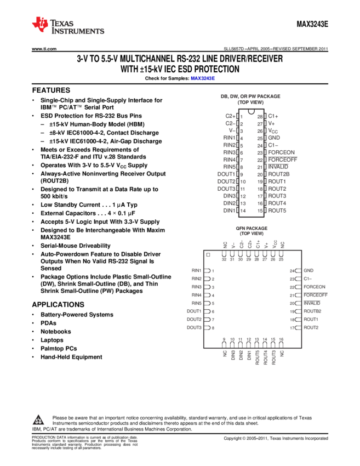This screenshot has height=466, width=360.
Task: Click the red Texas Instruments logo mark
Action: (40, 24)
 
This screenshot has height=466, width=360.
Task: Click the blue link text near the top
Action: (203, 79)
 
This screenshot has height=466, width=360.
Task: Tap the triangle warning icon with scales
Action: (38, 420)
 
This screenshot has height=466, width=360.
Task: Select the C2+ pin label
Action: (230, 116)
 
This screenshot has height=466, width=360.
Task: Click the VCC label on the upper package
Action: (273, 131)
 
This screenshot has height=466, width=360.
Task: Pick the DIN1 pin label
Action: (229, 211)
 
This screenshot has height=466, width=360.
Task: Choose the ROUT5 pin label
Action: (277, 211)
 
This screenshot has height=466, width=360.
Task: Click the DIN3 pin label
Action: (229, 196)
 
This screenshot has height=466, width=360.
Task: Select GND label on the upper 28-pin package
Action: (274, 138)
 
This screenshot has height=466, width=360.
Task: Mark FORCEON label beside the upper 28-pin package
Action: (282, 152)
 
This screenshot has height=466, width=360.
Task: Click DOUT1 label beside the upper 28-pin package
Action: (226, 174)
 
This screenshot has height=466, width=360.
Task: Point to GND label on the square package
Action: (308, 271)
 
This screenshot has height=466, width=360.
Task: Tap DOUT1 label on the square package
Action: (194, 311)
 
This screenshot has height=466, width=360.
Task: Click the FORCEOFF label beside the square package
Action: (316, 295)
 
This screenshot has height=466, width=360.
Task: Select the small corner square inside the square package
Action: (208, 254)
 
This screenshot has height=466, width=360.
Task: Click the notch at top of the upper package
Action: (252, 112)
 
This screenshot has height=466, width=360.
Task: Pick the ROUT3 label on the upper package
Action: (277, 196)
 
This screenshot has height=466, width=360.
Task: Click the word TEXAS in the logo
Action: (62, 24)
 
